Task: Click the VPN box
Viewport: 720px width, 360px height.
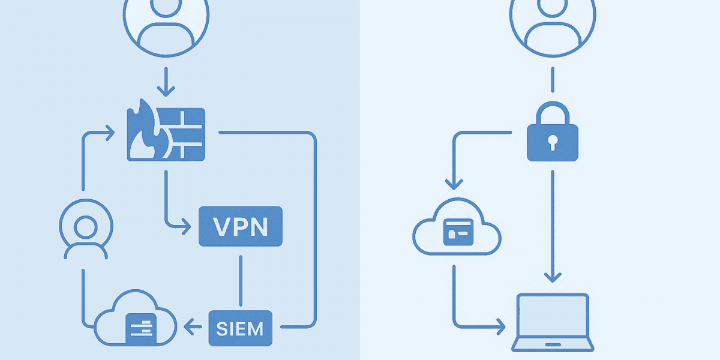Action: [x=240, y=226]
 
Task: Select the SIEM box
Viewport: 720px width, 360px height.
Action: [x=240, y=328]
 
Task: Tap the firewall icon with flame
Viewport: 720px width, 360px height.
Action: [x=166, y=134]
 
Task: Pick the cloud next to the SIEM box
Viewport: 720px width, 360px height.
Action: [x=135, y=324]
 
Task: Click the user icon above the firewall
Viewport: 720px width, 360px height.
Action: [x=166, y=24]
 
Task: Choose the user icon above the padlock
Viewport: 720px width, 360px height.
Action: [x=552, y=24]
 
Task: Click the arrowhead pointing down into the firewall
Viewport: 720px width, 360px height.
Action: [x=166, y=92]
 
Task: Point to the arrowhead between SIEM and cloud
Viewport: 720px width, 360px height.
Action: [x=190, y=328]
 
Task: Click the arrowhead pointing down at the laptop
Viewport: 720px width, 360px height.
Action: [x=552, y=277]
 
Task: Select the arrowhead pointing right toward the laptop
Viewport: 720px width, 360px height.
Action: [x=500, y=328]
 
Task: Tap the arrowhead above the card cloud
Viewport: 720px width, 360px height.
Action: [x=454, y=183]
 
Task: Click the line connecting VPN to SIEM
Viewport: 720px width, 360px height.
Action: [x=240, y=282]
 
